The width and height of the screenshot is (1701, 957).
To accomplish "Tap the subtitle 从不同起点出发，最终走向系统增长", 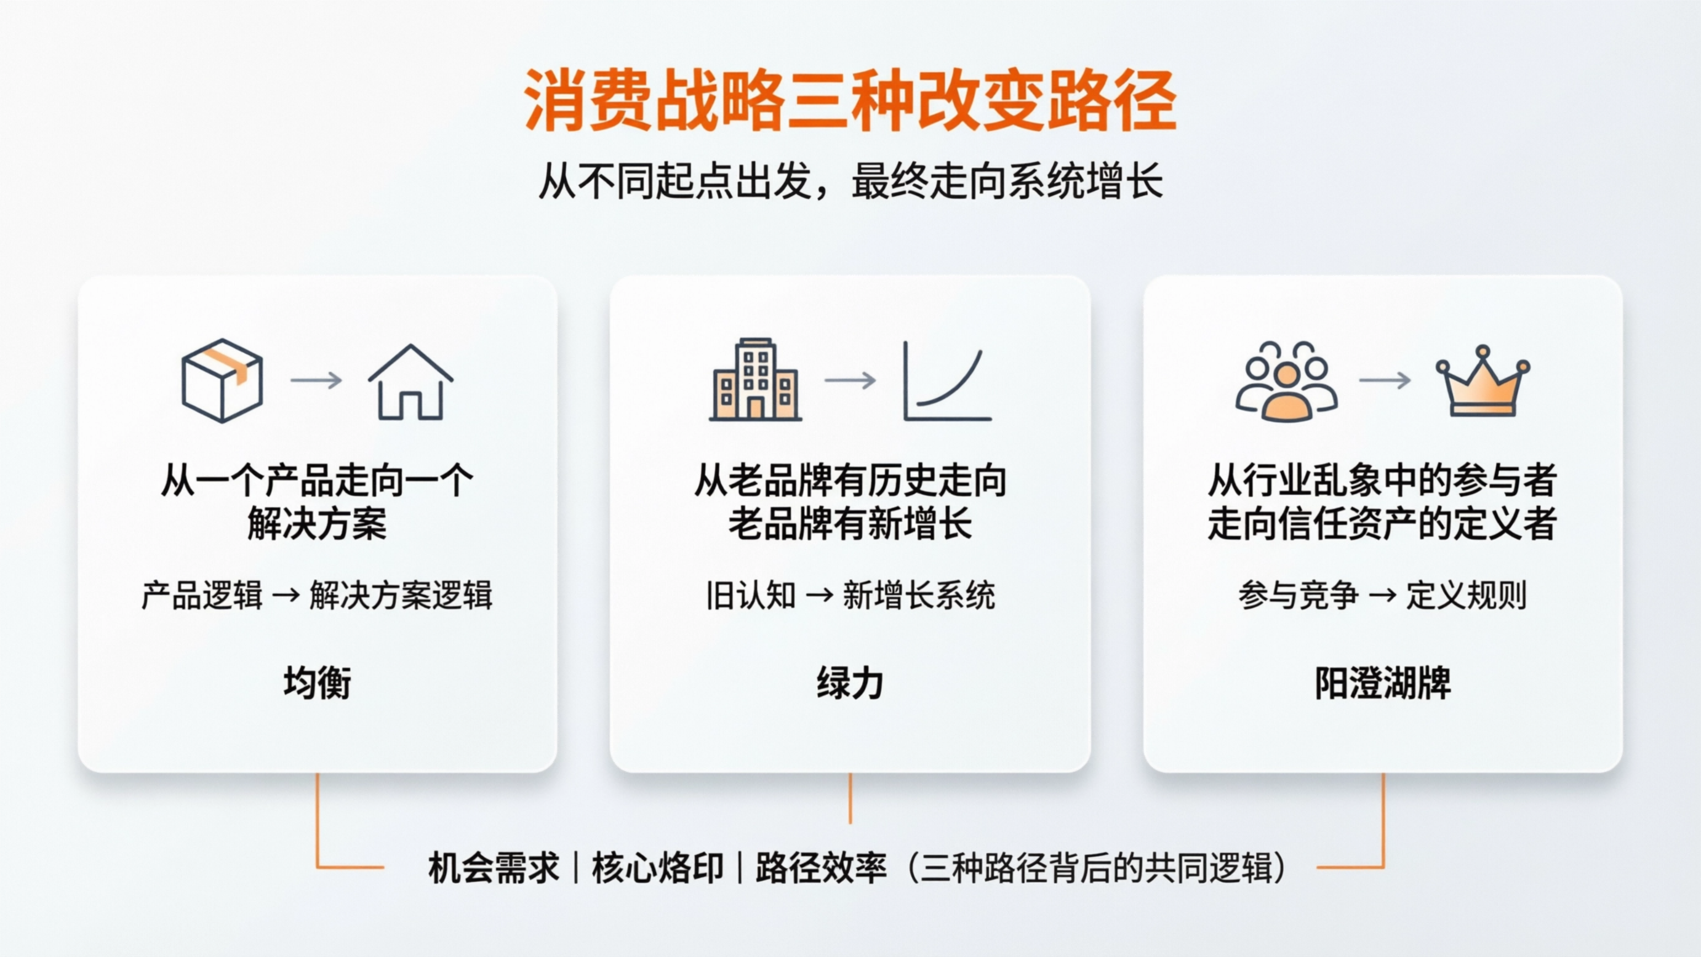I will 850,181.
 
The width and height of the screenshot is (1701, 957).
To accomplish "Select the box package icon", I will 223,380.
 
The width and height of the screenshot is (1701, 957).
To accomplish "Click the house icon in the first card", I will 410,382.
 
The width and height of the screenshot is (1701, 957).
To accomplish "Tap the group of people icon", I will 1286,382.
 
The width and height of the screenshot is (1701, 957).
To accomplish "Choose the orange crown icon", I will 1483,381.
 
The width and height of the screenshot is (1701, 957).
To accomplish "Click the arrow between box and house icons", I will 316,380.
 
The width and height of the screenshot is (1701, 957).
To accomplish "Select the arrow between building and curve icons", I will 850,380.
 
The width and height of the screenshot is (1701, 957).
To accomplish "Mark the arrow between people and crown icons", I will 1385,380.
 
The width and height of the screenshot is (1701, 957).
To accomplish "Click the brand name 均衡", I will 317,683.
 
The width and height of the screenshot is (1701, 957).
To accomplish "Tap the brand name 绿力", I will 850,683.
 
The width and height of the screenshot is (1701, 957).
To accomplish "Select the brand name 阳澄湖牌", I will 1383,683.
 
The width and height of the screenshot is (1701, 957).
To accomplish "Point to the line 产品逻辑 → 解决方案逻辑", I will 317,595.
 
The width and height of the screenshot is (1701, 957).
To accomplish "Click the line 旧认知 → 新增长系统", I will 850,595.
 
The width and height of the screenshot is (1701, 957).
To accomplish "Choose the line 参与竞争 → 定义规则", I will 1383,595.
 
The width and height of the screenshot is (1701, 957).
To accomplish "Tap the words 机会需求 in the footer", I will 494,868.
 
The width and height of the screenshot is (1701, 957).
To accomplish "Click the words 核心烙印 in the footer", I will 657,868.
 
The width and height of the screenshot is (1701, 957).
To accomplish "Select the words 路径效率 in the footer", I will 821,868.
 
